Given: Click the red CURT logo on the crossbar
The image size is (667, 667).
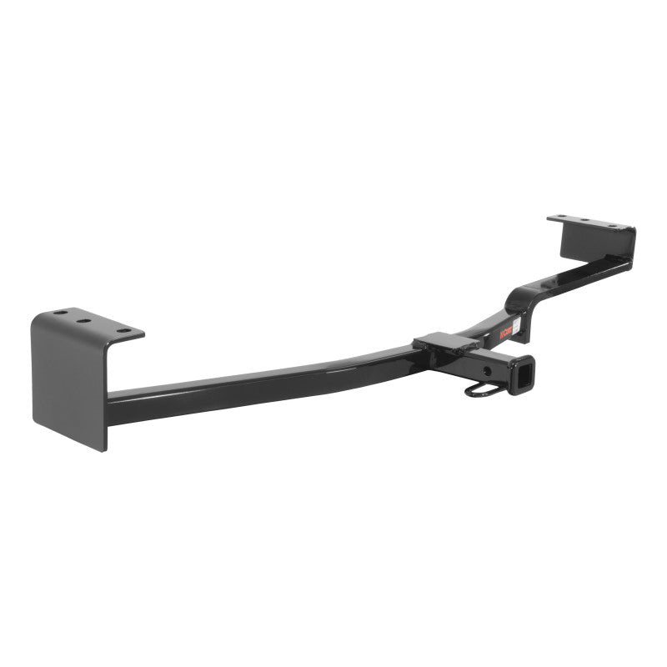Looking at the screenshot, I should [504, 331].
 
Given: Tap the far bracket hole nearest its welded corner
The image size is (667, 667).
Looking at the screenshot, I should [618, 225].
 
